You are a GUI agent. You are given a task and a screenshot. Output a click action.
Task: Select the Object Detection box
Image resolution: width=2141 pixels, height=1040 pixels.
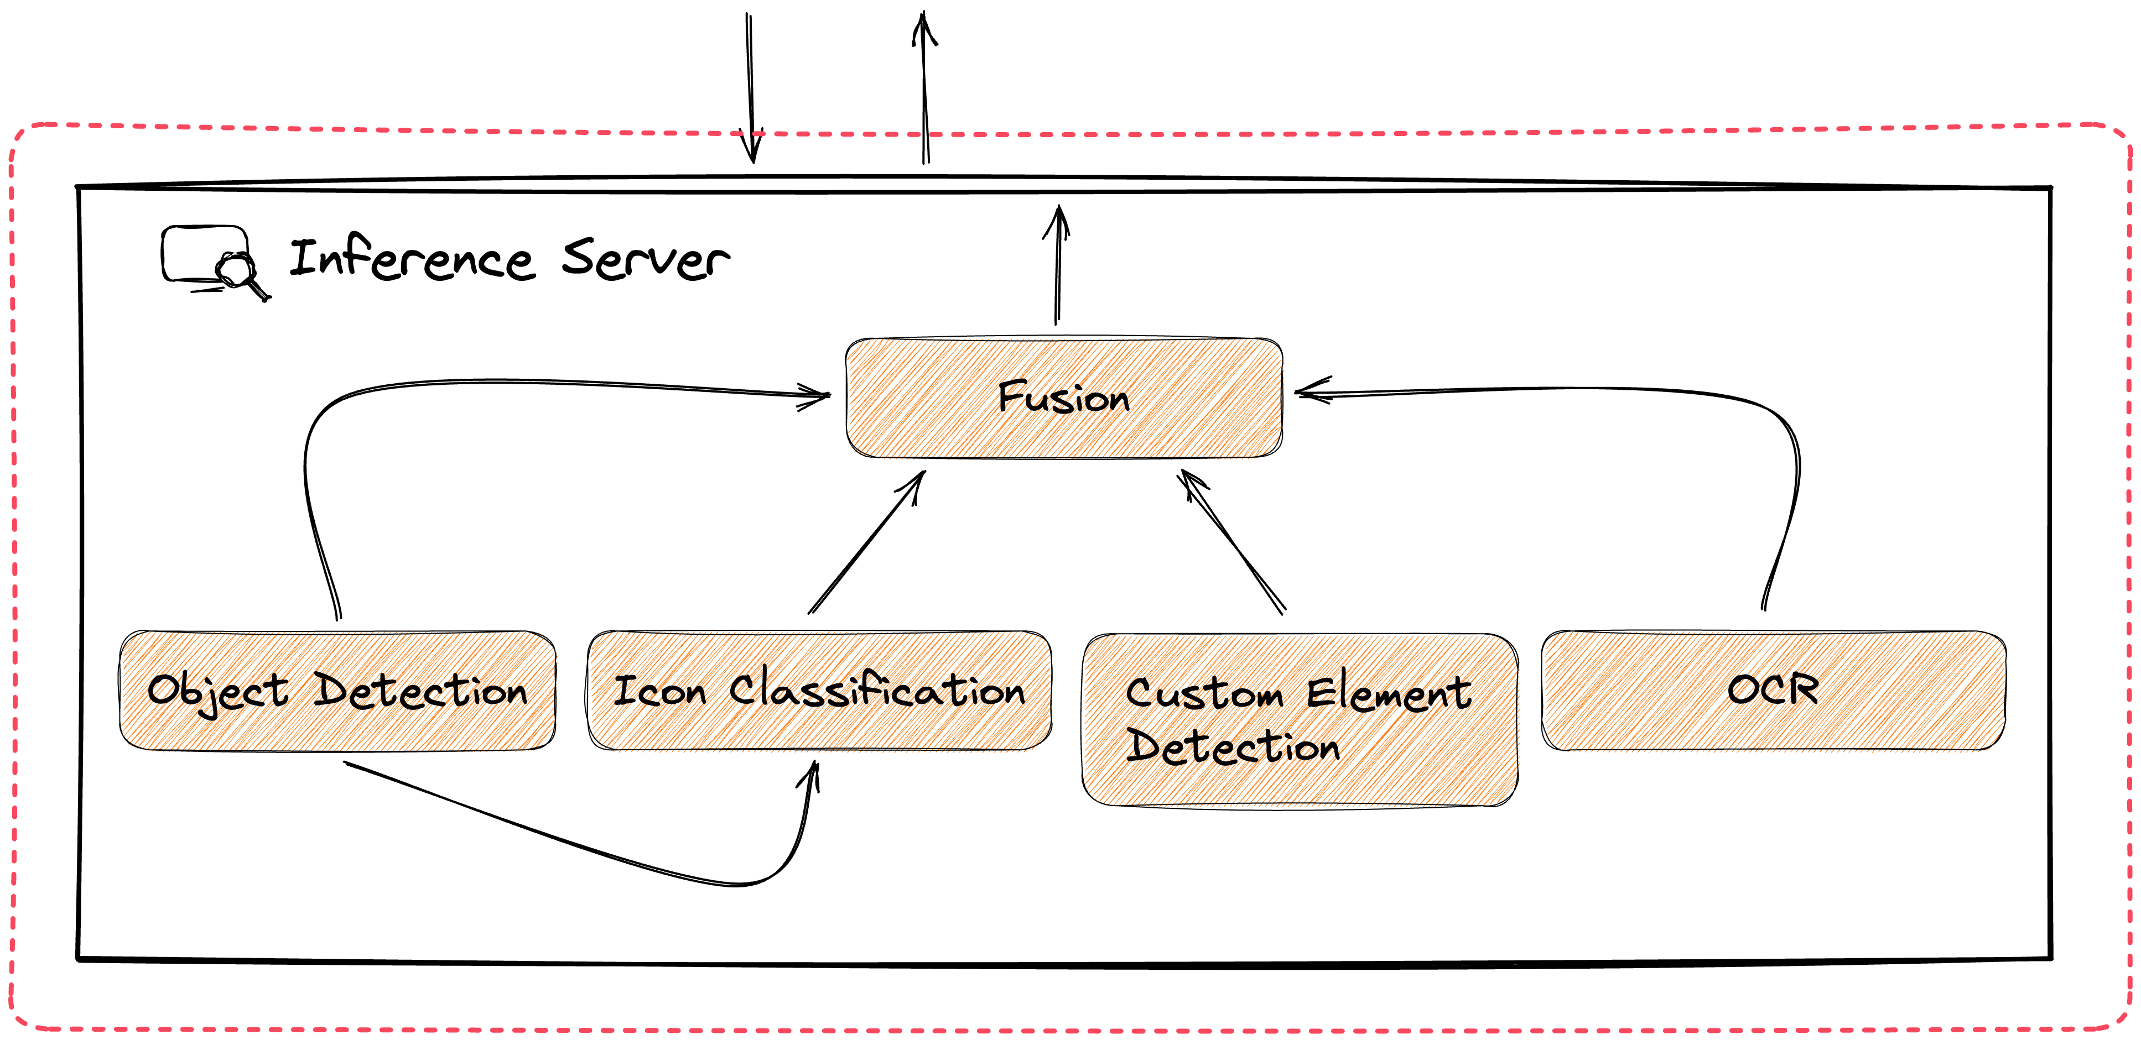pyautogui.click(x=337, y=691)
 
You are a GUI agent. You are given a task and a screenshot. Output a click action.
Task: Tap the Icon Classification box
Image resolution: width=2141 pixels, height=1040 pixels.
pyautogui.click(x=819, y=691)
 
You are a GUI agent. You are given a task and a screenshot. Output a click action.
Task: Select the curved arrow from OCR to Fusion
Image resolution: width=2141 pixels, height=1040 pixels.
pyautogui.click(x=1787, y=465)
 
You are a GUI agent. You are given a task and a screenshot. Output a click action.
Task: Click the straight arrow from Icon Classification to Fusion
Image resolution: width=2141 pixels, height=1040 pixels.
pyautogui.click(x=866, y=542)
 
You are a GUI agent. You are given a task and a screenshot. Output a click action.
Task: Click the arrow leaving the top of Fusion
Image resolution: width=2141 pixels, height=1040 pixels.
pyautogui.click(x=1057, y=266)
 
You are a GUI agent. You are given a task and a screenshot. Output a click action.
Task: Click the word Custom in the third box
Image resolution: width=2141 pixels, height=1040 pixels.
pyautogui.click(x=1204, y=694)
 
